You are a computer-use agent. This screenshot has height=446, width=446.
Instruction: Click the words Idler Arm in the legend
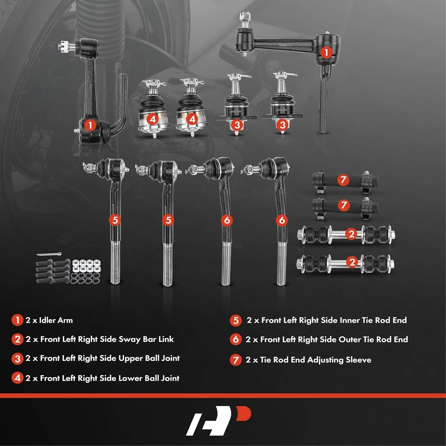coord(56,320)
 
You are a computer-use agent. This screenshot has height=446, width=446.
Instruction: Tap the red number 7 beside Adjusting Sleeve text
coord(235,360)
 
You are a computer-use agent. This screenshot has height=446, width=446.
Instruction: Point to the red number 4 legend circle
coord(17,378)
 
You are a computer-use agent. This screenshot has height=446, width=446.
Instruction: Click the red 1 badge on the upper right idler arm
coord(326,53)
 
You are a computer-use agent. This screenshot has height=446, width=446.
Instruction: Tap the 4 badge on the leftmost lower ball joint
coord(153,120)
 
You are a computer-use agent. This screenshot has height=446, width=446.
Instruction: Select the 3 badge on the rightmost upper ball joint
coord(282,125)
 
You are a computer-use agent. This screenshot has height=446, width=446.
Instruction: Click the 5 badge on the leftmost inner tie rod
coord(115,220)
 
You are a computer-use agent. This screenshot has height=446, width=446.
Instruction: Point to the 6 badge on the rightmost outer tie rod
coord(282,220)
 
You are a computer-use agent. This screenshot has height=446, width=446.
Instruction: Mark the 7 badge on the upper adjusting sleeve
coord(343,180)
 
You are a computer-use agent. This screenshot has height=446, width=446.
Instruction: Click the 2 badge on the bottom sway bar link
coord(352,262)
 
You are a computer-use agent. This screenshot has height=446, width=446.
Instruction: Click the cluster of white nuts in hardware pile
coord(86,266)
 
